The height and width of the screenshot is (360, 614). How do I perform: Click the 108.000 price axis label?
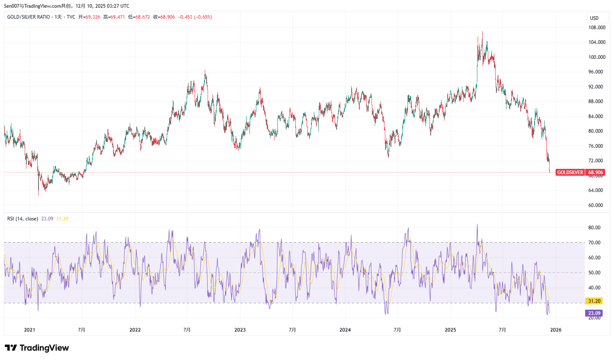pos(597,28)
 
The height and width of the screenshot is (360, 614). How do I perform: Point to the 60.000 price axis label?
pos(595,205)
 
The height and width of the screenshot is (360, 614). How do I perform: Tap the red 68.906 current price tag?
pos(596,172)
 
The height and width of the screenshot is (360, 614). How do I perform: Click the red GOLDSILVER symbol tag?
pos(570,172)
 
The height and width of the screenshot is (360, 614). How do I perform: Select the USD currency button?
pos(595,18)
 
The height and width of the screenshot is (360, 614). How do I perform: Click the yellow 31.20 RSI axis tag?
pos(594,301)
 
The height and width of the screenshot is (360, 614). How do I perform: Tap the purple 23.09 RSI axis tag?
pos(594,313)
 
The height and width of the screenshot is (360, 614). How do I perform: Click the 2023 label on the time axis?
pos(240,330)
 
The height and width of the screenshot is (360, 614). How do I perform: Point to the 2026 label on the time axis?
pos(556,330)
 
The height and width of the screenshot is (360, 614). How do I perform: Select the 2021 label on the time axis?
pos(30,330)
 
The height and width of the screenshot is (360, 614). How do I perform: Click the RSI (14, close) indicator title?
pos(23,219)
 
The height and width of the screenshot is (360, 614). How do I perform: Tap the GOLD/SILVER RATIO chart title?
pos(28,17)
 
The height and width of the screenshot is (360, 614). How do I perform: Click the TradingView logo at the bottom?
pos(37,348)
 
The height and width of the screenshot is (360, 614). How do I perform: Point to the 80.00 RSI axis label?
pos(595,228)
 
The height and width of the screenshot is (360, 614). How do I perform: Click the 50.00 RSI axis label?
pos(595,273)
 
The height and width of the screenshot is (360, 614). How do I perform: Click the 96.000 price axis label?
pos(595,72)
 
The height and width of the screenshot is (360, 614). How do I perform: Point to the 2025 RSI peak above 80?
pos(477,225)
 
